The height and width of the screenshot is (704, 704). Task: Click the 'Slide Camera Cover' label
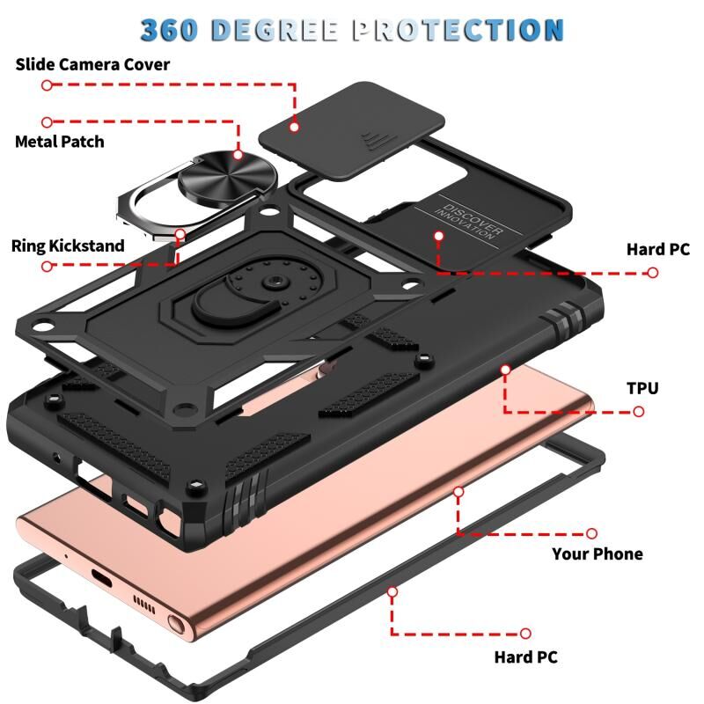[92, 64]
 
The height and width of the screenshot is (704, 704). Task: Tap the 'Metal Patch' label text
[60, 142]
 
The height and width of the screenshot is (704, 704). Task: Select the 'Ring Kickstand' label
[68, 246]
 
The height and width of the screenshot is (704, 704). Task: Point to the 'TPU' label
[642, 388]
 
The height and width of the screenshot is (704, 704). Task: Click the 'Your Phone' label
[598, 554]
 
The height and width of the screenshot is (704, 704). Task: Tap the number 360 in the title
[169, 30]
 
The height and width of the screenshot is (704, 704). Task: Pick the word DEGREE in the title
[275, 30]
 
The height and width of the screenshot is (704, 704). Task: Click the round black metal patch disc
[227, 178]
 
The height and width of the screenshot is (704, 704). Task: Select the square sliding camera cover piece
[351, 131]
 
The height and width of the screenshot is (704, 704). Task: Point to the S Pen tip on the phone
[177, 624]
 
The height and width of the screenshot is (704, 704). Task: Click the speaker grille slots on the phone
[144, 605]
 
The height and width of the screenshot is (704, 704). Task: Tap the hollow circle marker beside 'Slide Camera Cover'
[47, 84]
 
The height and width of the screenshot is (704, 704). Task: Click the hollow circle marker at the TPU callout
[639, 411]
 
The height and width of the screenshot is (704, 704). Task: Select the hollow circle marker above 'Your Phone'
[591, 533]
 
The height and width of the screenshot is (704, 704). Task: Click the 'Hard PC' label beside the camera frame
[657, 250]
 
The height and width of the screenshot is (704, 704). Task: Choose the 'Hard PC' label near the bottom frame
[525, 657]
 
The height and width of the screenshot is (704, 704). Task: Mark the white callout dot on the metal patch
[238, 155]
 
